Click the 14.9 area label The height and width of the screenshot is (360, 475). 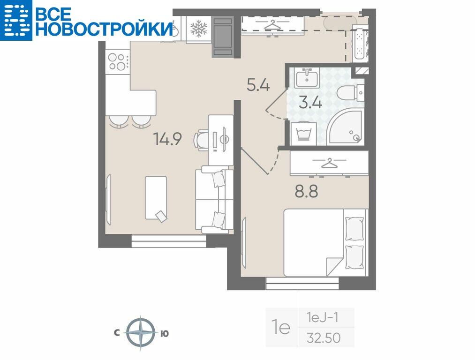point(167,139)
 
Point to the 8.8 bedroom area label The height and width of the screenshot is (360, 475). point(307,192)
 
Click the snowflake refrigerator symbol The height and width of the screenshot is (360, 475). point(199,29)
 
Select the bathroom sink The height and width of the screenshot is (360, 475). point(307,77)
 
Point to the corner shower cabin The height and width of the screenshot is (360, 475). point(345,126)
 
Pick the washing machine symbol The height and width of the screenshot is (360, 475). point(304,134)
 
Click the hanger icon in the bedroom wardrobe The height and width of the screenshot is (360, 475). point(329,163)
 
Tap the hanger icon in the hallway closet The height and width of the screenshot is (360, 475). point(273,24)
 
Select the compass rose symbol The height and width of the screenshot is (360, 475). point(141,333)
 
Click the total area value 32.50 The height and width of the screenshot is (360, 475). point(324,337)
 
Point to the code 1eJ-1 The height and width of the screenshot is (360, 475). point(322,318)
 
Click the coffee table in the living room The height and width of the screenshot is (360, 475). point(156,198)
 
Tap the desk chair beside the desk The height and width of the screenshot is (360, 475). point(201,140)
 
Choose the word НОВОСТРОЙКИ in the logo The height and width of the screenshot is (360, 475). point(104,29)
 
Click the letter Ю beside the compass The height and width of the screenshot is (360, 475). point(164,333)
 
